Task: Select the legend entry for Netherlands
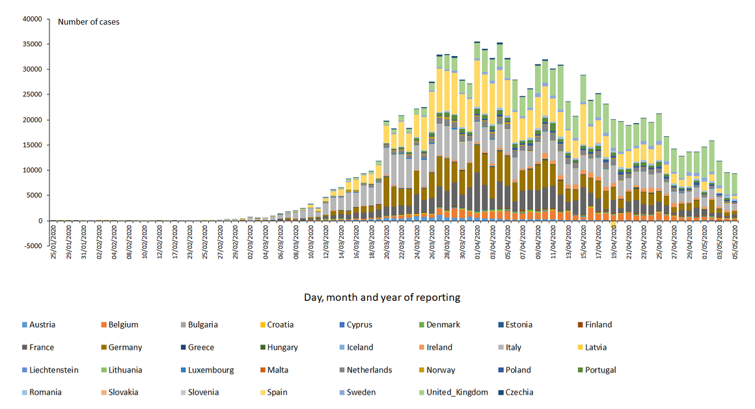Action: (x=368, y=370)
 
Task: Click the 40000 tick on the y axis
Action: (x=31, y=19)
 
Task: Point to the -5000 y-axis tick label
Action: (x=31, y=246)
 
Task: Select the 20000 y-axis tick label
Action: (x=31, y=120)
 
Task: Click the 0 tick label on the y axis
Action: (x=39, y=221)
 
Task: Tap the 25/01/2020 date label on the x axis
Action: (x=55, y=243)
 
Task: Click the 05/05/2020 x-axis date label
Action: (x=735, y=243)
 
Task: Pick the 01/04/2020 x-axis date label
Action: (x=478, y=243)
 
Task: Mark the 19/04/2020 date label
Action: (x=614, y=243)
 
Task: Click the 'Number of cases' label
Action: (x=89, y=21)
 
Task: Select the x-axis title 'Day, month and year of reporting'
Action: (x=381, y=298)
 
